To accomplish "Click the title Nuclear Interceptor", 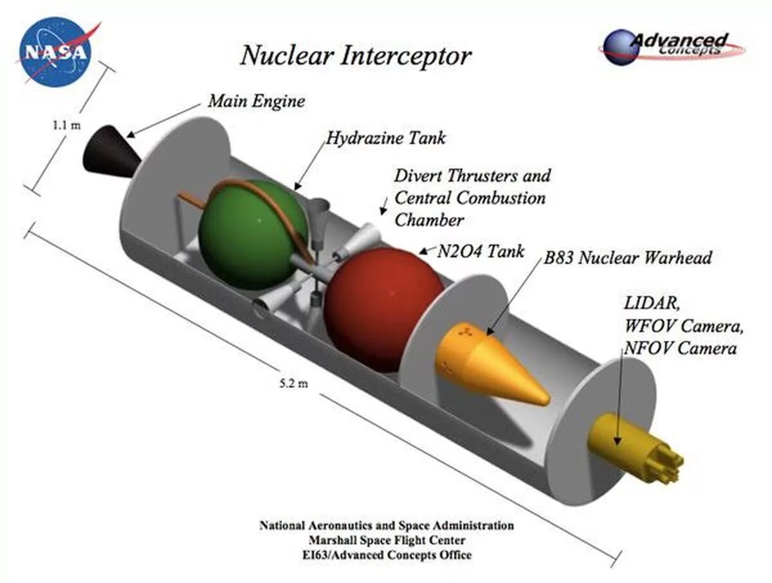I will (355, 56).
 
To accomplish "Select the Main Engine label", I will (256, 101).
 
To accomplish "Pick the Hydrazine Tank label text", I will (385, 138).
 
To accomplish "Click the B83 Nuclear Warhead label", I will (627, 259).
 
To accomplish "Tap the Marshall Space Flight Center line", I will (387, 541).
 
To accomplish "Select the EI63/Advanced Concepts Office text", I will (387, 555).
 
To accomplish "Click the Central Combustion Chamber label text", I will (470, 198).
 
